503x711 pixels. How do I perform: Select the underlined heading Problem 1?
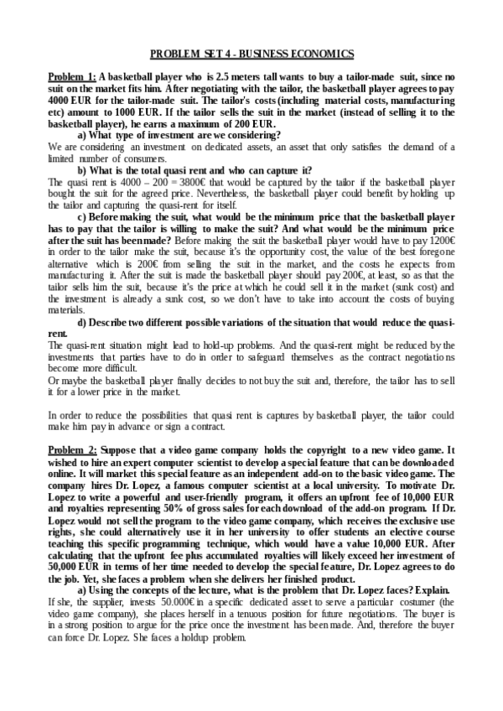pyautogui.click(x=72, y=75)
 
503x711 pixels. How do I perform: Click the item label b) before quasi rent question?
pyautogui.click(x=82, y=169)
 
